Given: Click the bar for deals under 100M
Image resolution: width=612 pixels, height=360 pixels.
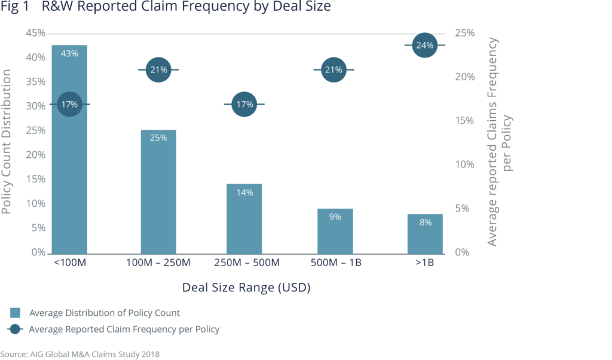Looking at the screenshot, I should pos(69,179).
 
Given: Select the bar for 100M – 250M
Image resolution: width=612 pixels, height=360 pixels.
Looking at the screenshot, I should pos(158,197).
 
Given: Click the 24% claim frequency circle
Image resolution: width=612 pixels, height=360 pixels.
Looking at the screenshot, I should pos(425,45).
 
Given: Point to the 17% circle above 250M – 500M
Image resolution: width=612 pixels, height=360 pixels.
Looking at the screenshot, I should pos(244,105).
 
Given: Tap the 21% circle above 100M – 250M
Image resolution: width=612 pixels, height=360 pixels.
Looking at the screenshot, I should pos(158,70).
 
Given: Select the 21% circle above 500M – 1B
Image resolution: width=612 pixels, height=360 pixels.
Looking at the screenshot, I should pos(333,70).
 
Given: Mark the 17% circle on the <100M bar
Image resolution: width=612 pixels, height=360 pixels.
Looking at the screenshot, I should pos(69,105).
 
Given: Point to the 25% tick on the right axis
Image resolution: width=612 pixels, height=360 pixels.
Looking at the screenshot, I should pos(465,33).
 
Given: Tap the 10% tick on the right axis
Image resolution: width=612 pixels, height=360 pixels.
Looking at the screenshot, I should pos(465,164).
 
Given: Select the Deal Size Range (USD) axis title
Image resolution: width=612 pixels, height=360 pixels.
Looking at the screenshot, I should pos(246,288).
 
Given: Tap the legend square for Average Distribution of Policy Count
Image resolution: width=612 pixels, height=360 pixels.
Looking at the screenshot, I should pos(16,312).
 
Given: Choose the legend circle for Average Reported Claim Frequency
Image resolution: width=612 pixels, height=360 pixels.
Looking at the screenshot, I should pos(16,329).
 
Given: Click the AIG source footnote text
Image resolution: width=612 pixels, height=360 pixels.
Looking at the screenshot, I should pos(80,354).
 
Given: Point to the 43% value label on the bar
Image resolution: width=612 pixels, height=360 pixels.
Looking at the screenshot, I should pos(69,53).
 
